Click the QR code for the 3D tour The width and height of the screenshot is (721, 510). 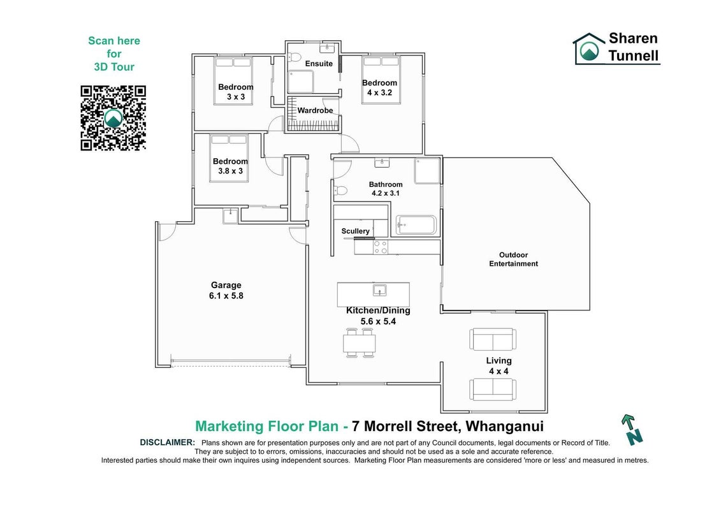point(113,118)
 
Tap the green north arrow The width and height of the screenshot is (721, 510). point(631,430)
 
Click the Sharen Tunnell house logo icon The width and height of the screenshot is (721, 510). point(588,48)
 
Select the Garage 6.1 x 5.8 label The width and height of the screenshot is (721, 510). point(226,291)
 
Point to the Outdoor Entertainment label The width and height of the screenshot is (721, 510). point(513,259)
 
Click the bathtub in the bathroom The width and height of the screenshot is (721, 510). point(416,225)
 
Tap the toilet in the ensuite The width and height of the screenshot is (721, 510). point(294,57)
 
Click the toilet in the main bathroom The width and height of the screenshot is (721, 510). point(340,191)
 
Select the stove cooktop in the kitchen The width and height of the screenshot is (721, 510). point(381,247)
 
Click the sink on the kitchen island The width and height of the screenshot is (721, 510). point(379,290)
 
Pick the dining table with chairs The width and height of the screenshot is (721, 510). point(359,343)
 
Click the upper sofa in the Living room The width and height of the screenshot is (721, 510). point(493,339)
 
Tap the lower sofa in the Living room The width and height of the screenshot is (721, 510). point(493,389)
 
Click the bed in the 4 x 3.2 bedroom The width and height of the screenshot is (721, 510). point(381,80)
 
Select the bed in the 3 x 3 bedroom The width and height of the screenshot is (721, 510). point(233,82)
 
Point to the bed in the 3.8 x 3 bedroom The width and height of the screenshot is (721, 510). point(229,158)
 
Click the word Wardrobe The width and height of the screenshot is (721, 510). point(315,110)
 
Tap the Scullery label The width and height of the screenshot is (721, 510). point(356,231)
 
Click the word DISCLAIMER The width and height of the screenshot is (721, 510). point(168,442)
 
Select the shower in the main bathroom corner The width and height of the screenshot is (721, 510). point(427,171)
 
